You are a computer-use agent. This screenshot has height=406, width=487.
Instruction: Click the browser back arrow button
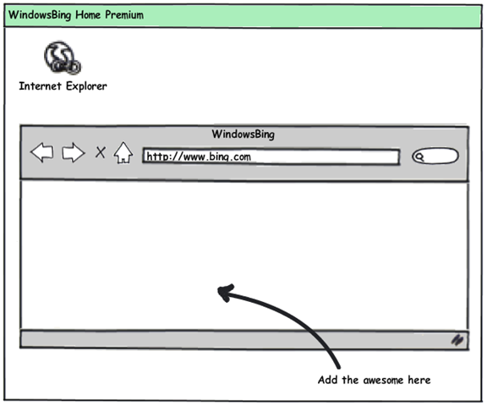[42, 152]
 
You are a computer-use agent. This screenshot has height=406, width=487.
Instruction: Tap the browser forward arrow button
[74, 152]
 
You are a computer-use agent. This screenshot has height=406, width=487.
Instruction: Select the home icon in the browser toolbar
[123, 153]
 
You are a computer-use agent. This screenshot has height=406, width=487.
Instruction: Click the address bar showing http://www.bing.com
[271, 156]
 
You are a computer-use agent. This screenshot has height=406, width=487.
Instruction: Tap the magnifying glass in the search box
[419, 156]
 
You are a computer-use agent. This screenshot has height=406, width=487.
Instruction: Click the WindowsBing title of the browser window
[243, 134]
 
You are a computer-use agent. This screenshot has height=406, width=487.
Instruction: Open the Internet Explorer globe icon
[62, 58]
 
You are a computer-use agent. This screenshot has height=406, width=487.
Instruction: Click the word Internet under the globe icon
[40, 86]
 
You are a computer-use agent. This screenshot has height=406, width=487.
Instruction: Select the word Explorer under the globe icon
[86, 86]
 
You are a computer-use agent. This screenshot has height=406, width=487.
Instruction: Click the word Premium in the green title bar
[124, 15]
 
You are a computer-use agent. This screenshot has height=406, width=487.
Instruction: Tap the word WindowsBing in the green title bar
[40, 15]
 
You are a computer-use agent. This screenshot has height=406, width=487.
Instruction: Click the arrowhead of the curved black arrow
[226, 293]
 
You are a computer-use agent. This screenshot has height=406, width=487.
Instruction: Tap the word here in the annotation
[419, 380]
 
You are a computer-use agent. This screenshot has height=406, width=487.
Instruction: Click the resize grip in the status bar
[457, 340]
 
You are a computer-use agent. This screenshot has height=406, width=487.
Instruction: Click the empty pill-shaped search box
[435, 156]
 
